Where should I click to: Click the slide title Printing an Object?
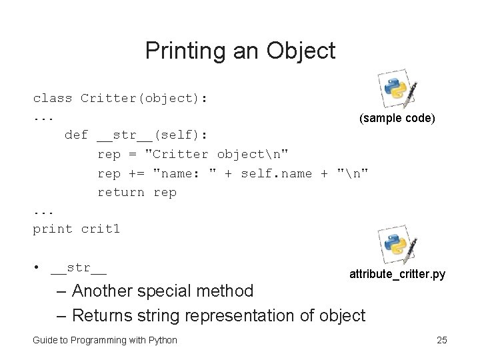click(240, 50)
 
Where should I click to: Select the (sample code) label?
click(397, 118)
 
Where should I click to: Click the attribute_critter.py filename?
click(397, 274)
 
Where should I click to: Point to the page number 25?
click(441, 340)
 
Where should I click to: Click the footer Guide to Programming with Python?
click(105, 340)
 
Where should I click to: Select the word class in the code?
click(53, 99)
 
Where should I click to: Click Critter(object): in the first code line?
click(144, 99)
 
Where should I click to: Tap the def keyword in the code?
click(76, 135)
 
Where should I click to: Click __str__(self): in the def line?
click(152, 135)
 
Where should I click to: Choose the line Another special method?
click(163, 291)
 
